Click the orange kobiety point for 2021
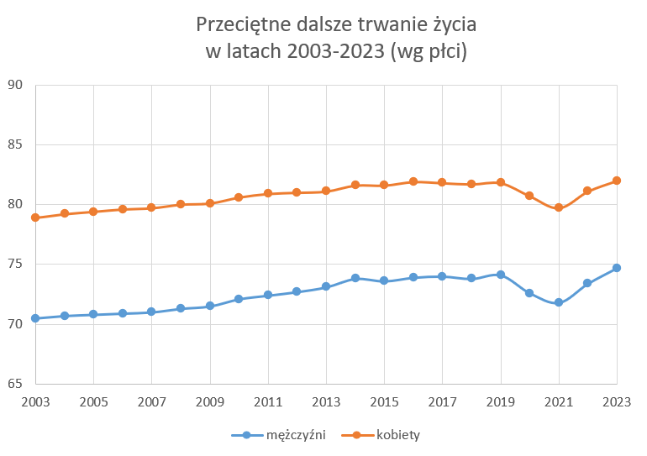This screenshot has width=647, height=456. [559, 207]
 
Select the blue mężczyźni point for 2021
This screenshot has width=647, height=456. [559, 302]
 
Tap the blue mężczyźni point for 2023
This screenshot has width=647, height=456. [617, 268]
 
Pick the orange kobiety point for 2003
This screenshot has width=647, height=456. [35, 218]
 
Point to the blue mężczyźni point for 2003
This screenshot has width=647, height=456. [35, 318]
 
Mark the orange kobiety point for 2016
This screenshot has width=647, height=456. [413, 181]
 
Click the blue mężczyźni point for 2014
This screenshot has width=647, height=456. [355, 278]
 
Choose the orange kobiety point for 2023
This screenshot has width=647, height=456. [617, 181]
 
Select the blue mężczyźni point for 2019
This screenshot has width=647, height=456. [501, 275]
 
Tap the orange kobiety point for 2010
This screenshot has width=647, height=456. [239, 197]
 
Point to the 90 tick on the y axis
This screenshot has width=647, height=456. [15, 85]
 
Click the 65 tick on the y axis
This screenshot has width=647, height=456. [15, 384]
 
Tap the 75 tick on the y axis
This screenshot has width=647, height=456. [15, 265]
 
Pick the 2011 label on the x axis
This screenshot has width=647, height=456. [268, 401]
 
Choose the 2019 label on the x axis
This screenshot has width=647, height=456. [501, 401]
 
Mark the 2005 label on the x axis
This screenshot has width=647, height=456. [93, 401]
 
